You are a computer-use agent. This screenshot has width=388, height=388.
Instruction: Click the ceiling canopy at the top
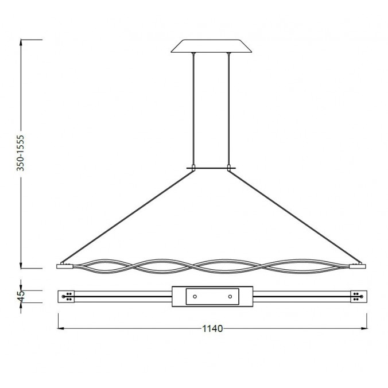(212, 45)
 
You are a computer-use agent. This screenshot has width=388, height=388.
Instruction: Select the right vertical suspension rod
(230, 109)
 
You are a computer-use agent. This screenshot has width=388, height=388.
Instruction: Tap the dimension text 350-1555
(21, 154)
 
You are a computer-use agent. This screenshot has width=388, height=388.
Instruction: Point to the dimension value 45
(21, 296)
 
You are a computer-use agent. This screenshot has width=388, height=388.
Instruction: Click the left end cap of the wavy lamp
(64, 266)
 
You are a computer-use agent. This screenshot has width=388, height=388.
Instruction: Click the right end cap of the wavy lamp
(358, 266)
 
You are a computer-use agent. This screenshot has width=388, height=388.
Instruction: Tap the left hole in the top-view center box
(195, 296)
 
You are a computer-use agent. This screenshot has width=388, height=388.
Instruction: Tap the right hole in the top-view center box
(230, 296)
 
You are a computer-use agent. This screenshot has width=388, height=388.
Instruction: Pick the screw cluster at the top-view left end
(69, 296)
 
